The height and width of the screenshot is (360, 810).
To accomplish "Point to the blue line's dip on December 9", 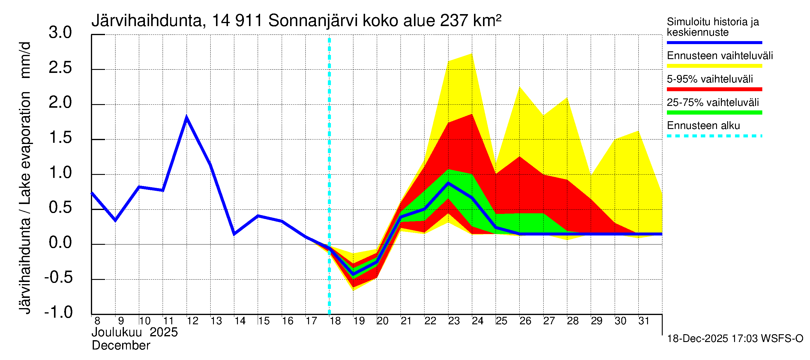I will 115,220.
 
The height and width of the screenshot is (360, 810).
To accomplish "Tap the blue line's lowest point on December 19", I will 353,274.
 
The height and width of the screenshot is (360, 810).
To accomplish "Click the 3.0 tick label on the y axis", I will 60,33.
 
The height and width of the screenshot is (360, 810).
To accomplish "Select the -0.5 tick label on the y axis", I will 58,277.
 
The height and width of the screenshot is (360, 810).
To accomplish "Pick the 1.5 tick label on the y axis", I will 60,138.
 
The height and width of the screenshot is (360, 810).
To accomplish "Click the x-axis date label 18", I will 335,321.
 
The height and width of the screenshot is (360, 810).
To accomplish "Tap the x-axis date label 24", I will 477,321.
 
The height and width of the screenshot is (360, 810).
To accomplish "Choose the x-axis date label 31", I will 644,321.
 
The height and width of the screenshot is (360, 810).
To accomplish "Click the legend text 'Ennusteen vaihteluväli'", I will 720,56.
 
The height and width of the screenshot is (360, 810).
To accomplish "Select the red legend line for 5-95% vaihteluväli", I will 714,89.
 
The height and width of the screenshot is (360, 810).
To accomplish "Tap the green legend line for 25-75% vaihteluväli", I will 714,112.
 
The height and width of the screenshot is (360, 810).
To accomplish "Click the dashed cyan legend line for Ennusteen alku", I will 714,136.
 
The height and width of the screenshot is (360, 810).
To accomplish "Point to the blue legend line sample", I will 714,42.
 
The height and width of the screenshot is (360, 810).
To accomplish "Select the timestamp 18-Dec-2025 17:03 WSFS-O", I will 735,339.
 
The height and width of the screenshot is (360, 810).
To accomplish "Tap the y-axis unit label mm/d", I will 25,60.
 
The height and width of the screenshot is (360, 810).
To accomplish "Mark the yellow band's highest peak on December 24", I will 472,54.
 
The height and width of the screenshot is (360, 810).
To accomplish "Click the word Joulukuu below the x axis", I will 116,332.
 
